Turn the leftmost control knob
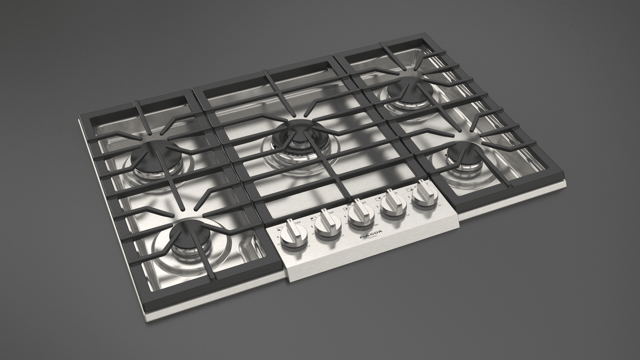pyautogui.click(x=290, y=235)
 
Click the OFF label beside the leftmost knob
pyautogui.click(x=298, y=222)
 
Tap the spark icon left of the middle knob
pyautogui.click(x=345, y=216)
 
